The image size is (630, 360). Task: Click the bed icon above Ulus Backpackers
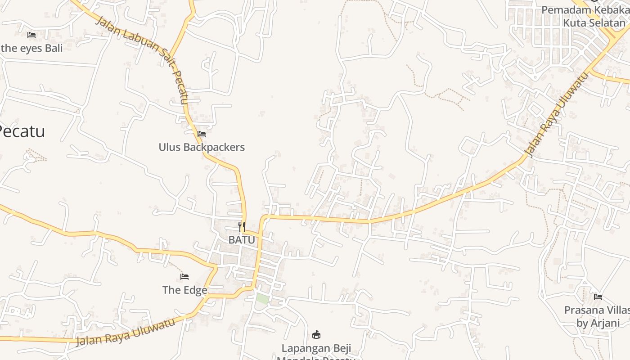[202, 134]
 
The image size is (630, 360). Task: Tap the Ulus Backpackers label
[202, 147]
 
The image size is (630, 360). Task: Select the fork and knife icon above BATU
[242, 226]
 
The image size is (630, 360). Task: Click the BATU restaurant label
[242, 240]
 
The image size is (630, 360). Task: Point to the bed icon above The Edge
[184, 276]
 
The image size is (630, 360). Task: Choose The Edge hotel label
[184, 290]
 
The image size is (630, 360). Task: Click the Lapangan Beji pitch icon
[316, 334]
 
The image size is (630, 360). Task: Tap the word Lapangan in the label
[300, 348]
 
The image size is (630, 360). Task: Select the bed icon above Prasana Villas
[598, 297]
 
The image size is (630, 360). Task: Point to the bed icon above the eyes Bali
[31, 35]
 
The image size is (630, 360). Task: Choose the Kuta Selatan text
[594, 22]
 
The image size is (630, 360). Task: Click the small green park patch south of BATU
[262, 298]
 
